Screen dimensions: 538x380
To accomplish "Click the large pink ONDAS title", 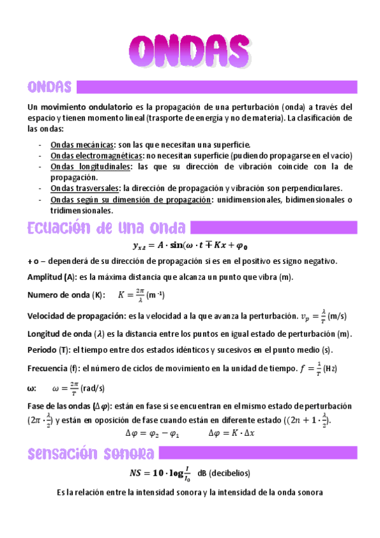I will tap(189, 49).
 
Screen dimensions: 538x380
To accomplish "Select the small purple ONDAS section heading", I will tap(49, 86).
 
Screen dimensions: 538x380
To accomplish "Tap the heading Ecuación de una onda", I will tap(107, 228).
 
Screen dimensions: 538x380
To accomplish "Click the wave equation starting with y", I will tap(189, 246).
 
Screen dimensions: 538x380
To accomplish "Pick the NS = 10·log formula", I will tap(160, 474).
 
